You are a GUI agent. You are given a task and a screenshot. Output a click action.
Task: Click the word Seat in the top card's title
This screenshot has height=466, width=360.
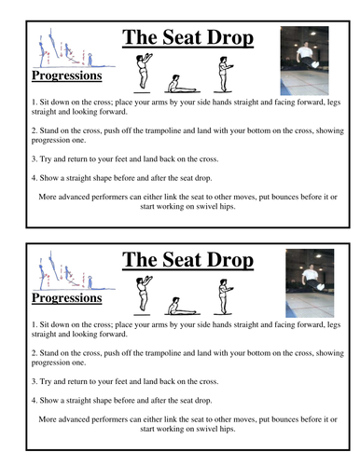(x=182, y=37)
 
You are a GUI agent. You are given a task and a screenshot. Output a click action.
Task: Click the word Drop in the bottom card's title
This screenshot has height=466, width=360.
(x=230, y=260)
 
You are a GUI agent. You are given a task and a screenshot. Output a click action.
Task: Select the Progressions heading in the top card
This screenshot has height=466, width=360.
(x=67, y=75)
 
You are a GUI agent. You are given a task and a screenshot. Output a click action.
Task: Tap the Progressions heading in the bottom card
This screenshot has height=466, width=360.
(x=67, y=298)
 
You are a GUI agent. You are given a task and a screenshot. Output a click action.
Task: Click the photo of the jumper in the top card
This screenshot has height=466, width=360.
(x=304, y=61)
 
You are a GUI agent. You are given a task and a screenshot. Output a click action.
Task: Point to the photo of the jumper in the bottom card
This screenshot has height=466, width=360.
(x=310, y=283)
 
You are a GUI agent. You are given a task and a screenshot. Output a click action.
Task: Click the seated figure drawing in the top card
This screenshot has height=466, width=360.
(x=182, y=84)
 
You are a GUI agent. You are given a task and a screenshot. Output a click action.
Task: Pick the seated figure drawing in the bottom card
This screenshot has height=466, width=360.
(x=182, y=307)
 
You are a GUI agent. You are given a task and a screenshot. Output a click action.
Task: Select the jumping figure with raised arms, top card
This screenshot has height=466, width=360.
(x=144, y=73)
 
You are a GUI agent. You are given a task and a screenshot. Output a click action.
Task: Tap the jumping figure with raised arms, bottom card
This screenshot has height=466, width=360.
(x=144, y=295)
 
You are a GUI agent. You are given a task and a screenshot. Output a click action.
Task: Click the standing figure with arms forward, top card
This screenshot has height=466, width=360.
(x=223, y=75)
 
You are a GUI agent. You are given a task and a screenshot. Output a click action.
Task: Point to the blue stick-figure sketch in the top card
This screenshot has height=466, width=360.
(x=74, y=48)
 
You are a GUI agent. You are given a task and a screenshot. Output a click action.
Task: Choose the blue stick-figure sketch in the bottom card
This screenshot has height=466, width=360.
(x=74, y=271)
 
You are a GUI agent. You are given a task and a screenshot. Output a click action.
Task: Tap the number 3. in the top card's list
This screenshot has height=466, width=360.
(x=35, y=159)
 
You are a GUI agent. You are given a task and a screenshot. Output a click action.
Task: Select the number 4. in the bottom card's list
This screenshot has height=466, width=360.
(x=35, y=401)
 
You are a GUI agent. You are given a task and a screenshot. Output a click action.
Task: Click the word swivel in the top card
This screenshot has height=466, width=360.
(x=206, y=207)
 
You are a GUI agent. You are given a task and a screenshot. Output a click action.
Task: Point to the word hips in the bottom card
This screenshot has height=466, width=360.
(x=228, y=430)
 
